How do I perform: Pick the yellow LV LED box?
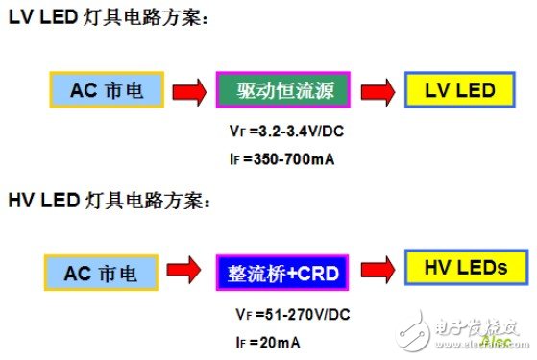tap(460, 91)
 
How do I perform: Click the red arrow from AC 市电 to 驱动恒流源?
tap(188, 92)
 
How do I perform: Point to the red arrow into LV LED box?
tap(376, 92)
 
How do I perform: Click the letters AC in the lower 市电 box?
tap(77, 273)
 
